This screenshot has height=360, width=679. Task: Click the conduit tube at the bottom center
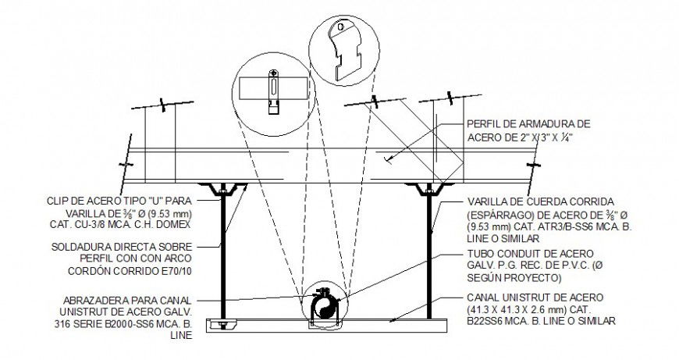[322, 303]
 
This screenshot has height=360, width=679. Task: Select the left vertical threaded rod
[224, 250]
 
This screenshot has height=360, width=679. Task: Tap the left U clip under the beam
[224, 190]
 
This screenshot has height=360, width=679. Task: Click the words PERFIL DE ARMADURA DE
[527, 123]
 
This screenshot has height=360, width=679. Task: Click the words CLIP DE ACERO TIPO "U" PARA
[130, 200]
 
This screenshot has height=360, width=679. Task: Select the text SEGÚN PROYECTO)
[513, 277]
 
